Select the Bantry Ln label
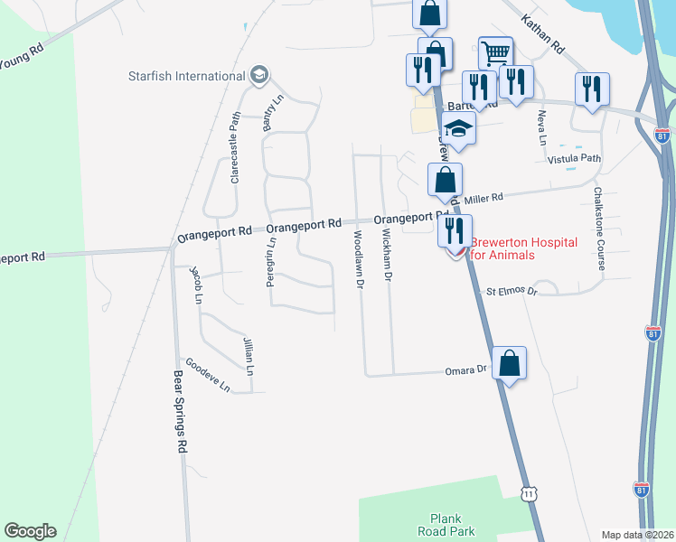tap(268, 116)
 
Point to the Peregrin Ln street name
tap(270, 262)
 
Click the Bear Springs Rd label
tap(179, 411)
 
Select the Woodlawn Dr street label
tap(359, 257)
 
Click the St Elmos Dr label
tap(512, 292)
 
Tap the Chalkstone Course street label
tap(598, 229)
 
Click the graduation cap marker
tap(459, 129)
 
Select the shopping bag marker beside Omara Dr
tap(510, 364)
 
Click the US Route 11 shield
tap(529, 493)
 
